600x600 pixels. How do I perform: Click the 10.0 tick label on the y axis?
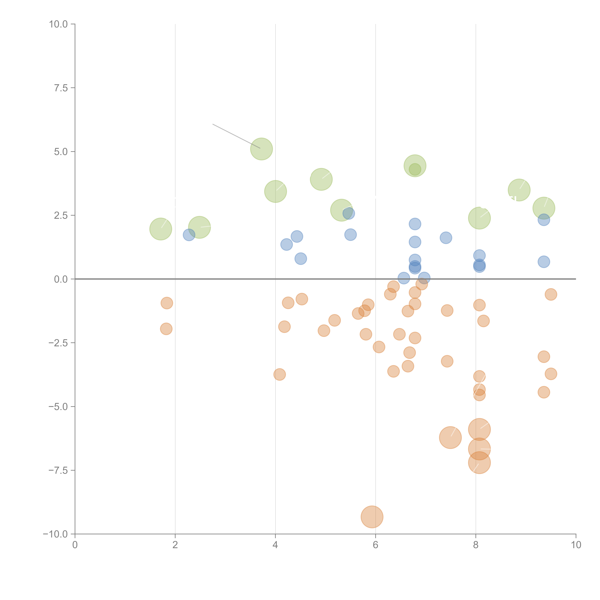point(58,24)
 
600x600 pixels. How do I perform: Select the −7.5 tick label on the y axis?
point(58,470)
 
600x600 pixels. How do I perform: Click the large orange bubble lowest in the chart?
point(372,517)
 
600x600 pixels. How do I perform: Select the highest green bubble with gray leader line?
point(261,149)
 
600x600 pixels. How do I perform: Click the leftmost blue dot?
point(189,235)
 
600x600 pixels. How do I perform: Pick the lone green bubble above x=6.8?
point(415,165)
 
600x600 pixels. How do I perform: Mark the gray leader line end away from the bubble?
point(213,124)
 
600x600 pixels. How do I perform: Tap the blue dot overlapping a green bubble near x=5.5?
point(349,213)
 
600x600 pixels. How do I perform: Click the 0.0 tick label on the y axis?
point(61,279)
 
